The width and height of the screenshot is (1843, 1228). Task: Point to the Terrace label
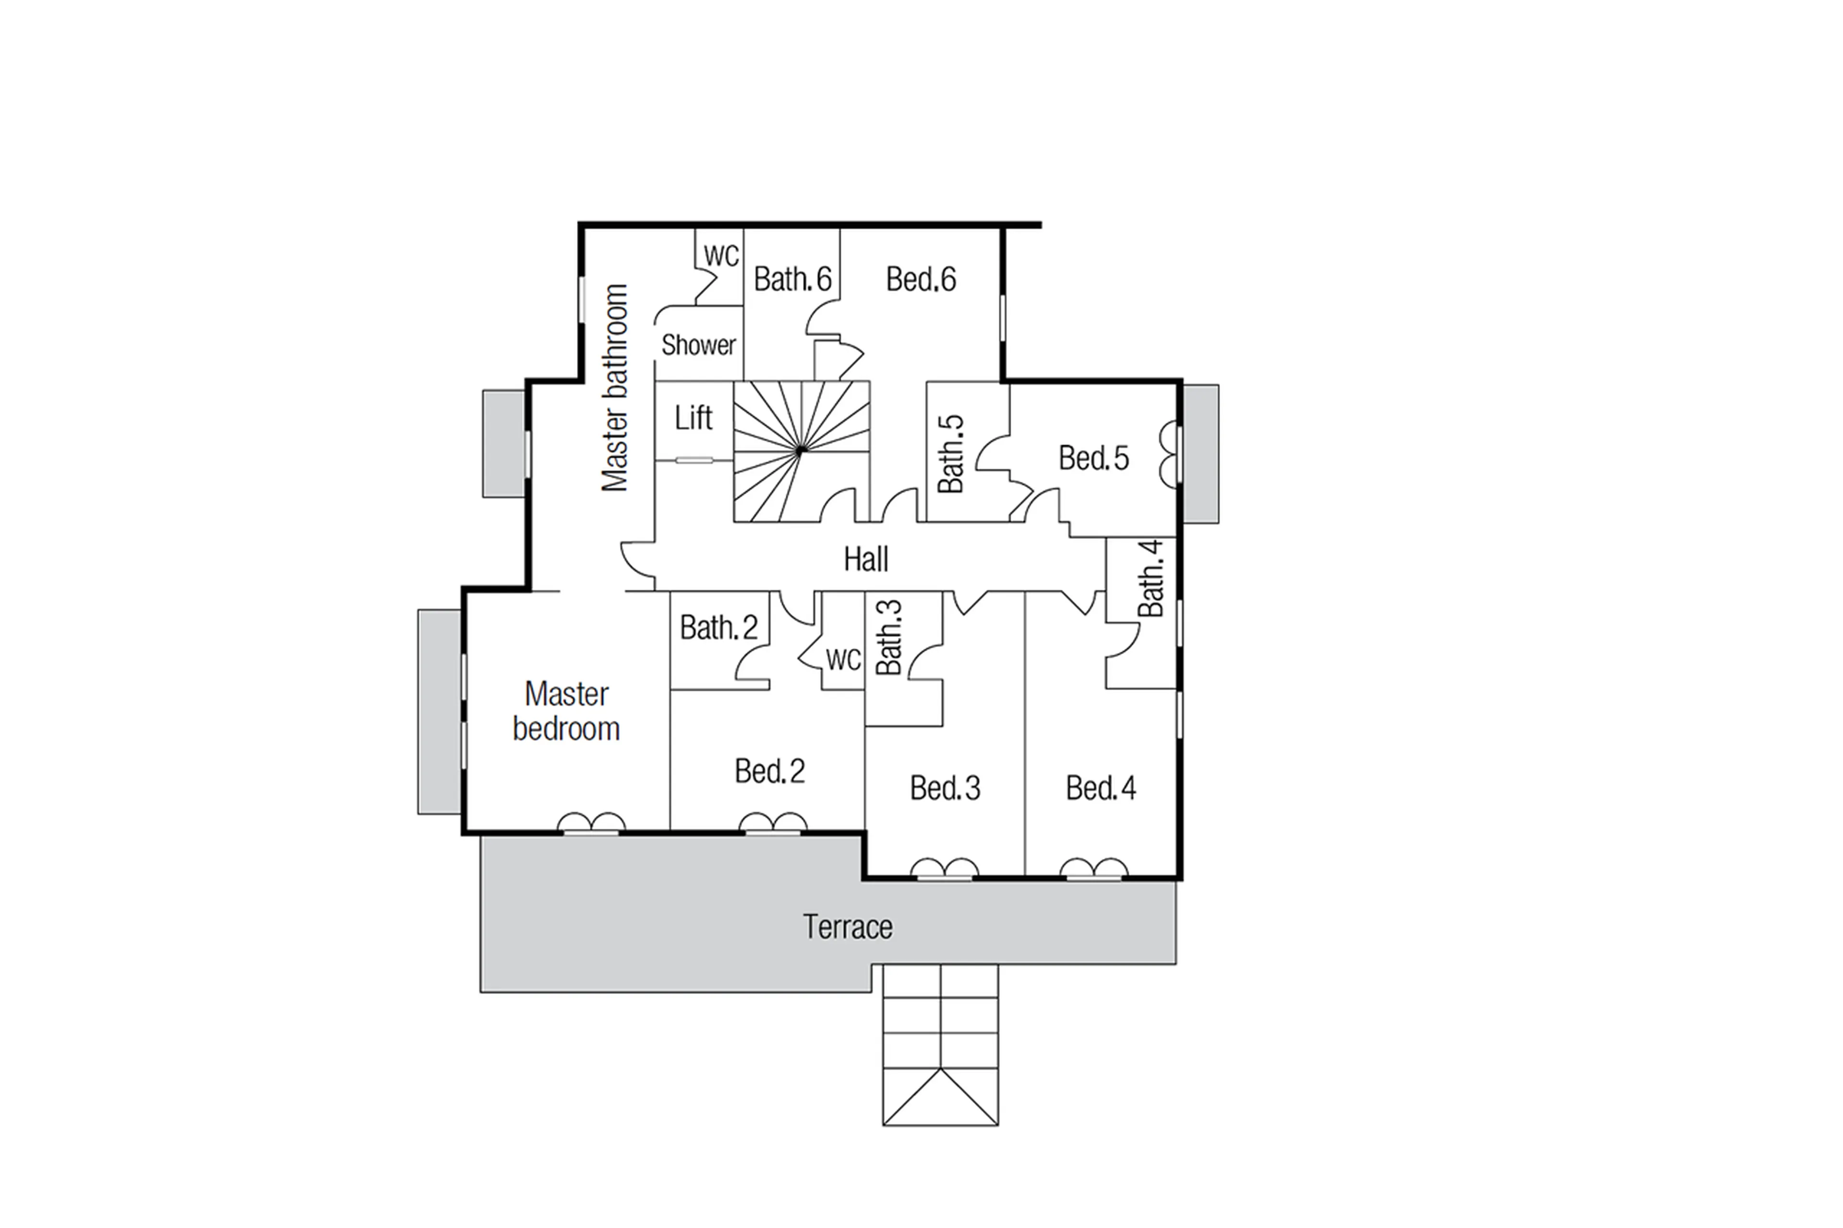(848, 927)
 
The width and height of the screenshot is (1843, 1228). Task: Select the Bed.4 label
(1101, 788)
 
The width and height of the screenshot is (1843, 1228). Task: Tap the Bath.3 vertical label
(888, 637)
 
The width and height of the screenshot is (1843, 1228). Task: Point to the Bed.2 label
(769, 772)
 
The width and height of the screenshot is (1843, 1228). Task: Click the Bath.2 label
(718, 627)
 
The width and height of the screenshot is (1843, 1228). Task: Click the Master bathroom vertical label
(615, 388)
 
